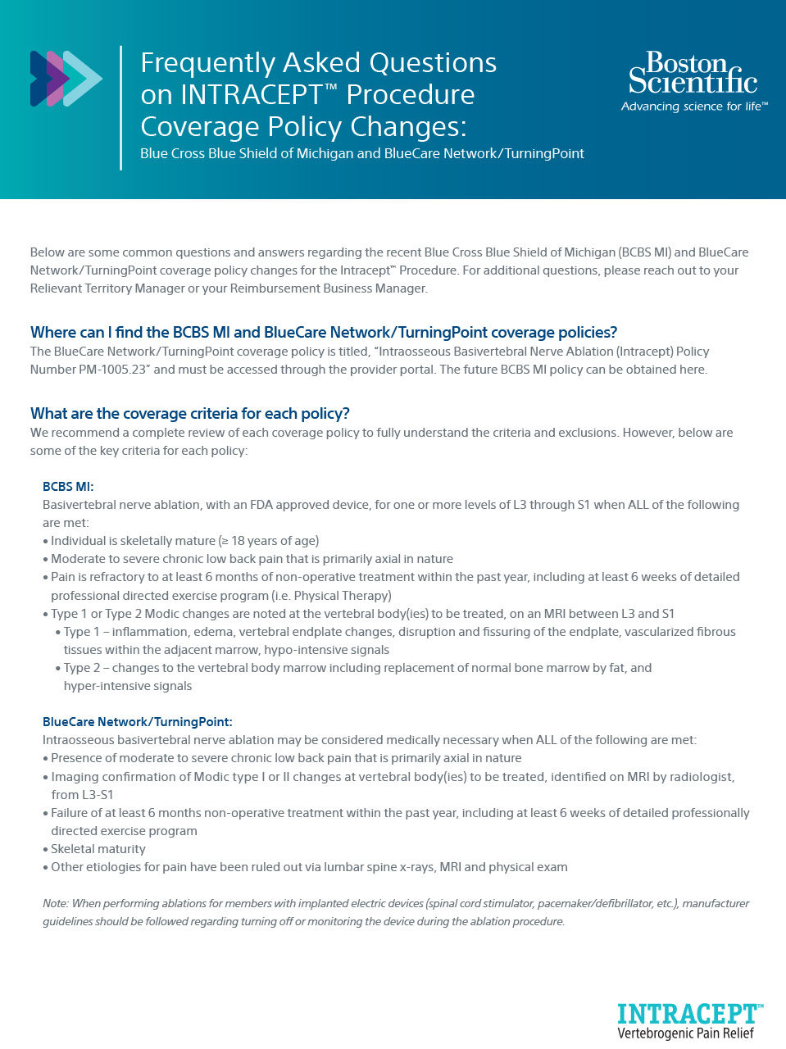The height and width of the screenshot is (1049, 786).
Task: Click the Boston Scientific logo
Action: click(693, 73)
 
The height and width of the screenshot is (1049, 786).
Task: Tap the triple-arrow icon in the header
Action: click(66, 79)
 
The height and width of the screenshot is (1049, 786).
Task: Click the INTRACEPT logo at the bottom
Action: click(690, 1014)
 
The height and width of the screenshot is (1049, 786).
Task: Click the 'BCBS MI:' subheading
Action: click(68, 487)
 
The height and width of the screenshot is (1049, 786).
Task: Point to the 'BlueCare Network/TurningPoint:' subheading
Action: click(138, 722)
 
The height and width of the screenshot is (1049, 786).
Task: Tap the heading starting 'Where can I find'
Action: click(323, 332)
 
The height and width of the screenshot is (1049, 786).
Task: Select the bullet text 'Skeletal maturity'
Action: click(98, 849)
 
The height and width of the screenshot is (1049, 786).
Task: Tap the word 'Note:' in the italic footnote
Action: click(56, 903)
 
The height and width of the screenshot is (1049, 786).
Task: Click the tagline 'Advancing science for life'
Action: click(693, 107)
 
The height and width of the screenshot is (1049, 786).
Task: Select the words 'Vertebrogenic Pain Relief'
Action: click(685, 1033)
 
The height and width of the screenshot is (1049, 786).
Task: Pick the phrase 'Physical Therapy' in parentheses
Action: click(340, 596)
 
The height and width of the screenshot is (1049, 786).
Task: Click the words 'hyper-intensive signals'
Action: click(128, 686)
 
